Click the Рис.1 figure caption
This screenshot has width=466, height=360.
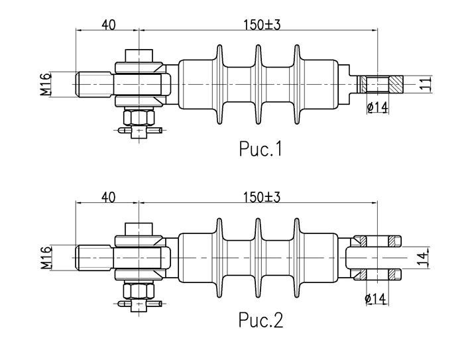[261, 150]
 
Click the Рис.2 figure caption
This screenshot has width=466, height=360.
[261, 321]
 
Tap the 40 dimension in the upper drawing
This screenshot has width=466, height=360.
[109, 25]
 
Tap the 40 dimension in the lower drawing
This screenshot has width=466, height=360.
[109, 196]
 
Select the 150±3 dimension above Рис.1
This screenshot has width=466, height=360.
[262, 25]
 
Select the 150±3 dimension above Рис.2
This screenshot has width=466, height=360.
[262, 196]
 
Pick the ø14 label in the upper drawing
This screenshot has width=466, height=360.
[377, 107]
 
